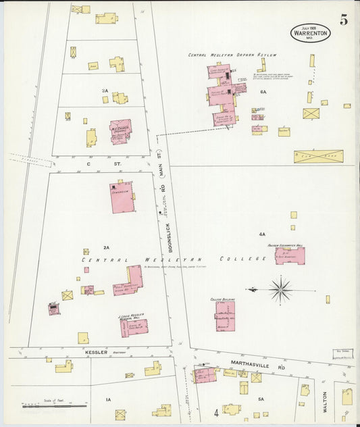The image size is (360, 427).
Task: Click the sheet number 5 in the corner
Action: [x=344, y=20]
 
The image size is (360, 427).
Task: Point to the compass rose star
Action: [x=280, y=289]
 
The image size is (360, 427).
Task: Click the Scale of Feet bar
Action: [x=54, y=406]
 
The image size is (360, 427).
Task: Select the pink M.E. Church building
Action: [x=121, y=131]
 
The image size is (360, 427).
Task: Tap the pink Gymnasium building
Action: [x=122, y=197]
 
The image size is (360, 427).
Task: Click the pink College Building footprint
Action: [x=225, y=316]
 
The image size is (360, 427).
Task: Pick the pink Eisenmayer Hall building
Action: [x=290, y=255]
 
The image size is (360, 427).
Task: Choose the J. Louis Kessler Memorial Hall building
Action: [x=133, y=326]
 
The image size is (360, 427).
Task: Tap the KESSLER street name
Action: [x=97, y=352]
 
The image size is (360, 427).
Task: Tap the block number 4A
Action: [x=262, y=234]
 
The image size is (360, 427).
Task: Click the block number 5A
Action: [x=261, y=399]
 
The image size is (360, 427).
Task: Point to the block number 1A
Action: [x=108, y=400]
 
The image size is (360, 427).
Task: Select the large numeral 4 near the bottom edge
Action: [x=216, y=411]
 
